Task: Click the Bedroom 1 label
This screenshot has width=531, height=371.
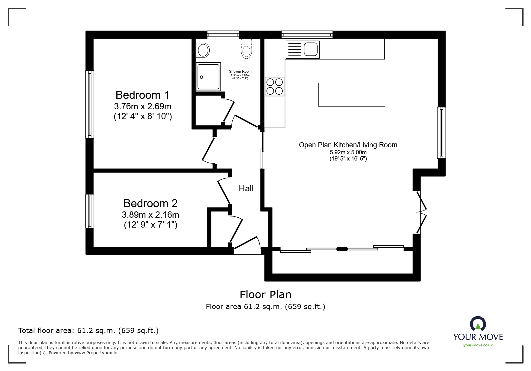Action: coord(142,95)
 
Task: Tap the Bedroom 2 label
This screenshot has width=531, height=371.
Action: coord(151,203)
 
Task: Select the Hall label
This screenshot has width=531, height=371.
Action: coord(246,188)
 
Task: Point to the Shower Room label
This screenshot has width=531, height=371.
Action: coord(240,72)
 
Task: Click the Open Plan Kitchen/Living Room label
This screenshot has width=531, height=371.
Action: coord(348,145)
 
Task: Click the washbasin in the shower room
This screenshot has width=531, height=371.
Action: coord(203,50)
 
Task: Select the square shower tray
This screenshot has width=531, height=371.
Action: coord(208,77)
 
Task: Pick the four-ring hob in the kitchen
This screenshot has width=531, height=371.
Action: coord(274,86)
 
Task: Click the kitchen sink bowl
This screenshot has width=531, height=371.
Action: coord(311,49)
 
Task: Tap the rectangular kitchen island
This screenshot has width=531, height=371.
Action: coord(351,95)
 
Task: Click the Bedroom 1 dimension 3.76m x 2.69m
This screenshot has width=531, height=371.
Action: coord(143,106)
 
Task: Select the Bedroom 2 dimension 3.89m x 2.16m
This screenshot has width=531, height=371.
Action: coord(151,215)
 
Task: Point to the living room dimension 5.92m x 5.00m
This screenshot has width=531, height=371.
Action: coord(348,152)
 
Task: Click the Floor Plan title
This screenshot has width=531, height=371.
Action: coord(266,295)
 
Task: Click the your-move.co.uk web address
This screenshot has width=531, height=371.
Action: coord(478,345)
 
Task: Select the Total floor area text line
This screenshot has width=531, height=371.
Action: coord(88,331)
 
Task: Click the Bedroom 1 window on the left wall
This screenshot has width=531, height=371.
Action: coord(90,104)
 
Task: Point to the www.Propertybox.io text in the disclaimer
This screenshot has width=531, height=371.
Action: coord(96,353)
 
